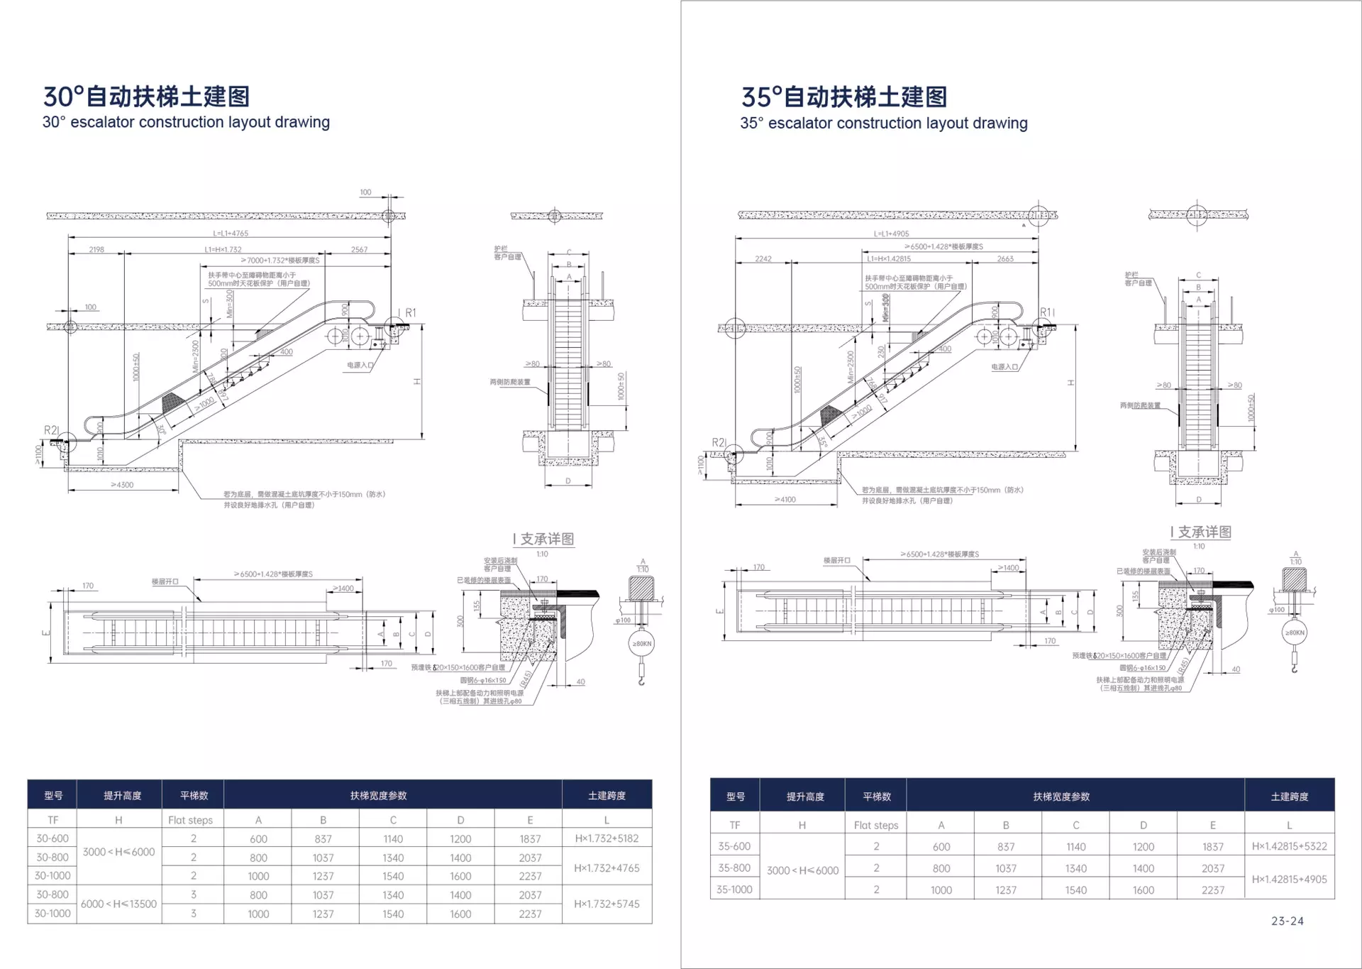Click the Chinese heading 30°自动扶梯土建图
point(146,96)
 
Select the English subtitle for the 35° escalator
point(883,123)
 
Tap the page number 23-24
point(1287,921)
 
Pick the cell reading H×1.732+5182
point(607,838)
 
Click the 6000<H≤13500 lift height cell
point(118,904)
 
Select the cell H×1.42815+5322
point(1289,846)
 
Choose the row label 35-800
point(734,867)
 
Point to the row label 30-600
point(52,838)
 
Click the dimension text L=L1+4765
point(231,233)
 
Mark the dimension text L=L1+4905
point(891,234)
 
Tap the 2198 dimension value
point(96,249)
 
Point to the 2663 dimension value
point(1005,259)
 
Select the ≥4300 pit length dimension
point(122,485)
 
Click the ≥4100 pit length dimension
point(785,500)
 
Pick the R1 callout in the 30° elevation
point(411,312)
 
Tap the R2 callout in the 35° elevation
point(718,442)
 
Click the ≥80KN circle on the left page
point(641,644)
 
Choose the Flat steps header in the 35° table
point(875,825)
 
